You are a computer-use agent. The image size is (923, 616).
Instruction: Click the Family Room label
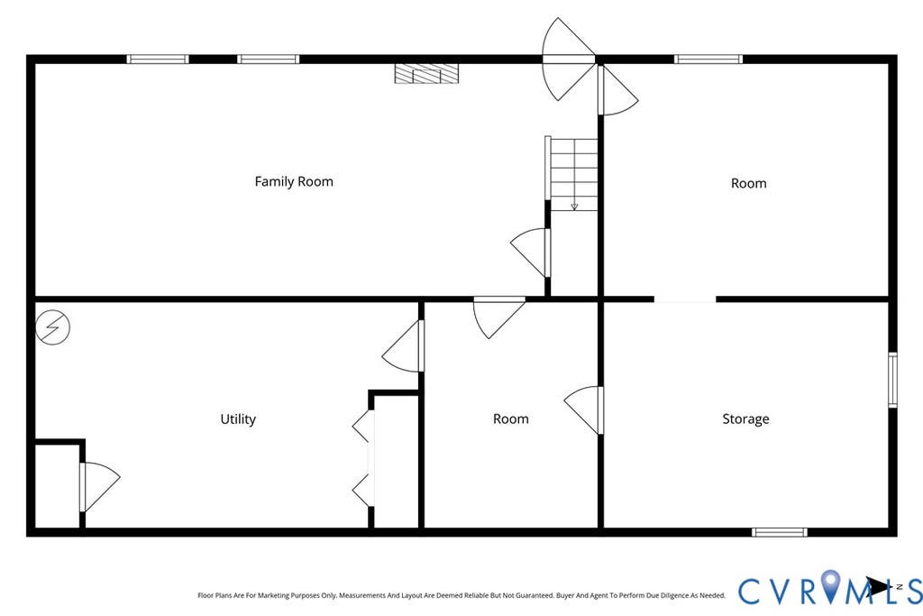tap(294, 181)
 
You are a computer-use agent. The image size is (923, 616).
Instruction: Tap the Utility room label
tap(238, 419)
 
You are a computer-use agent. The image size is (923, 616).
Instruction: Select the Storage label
tap(745, 419)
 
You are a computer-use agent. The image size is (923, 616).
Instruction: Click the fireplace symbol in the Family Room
tap(426, 74)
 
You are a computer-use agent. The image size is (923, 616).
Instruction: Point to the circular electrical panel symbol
tap(52, 327)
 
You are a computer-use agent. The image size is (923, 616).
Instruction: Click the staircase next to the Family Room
tap(571, 174)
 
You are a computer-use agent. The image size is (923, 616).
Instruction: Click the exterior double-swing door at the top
tap(568, 59)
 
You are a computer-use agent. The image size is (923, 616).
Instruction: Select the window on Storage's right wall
tap(893, 380)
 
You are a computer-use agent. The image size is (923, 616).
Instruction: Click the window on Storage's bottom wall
tap(780, 532)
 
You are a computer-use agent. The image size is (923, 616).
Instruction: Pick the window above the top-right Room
tap(708, 59)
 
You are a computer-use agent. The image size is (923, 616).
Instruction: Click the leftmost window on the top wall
tap(158, 59)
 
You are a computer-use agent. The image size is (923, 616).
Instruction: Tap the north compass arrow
tap(878, 587)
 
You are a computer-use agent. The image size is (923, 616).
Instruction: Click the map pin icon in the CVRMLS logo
tap(830, 585)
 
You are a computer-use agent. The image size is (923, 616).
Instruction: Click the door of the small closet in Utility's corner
tap(100, 486)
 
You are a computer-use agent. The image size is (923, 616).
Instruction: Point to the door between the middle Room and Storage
tap(583, 410)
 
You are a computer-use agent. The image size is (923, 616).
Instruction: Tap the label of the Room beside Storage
tap(511, 419)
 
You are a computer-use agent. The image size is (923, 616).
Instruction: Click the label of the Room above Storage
tap(749, 183)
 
